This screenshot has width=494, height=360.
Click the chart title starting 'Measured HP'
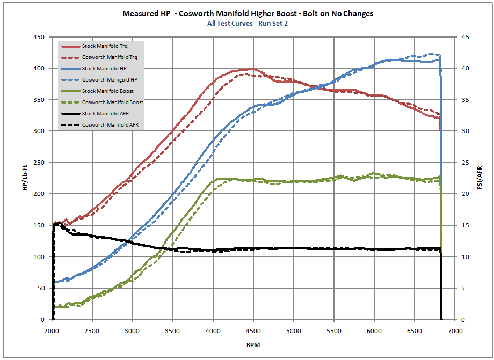tap(247, 14)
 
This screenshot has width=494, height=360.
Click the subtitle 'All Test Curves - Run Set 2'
tap(247, 24)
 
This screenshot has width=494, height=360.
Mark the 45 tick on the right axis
tap(465, 37)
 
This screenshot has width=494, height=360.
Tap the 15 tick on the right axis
tap(465, 225)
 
